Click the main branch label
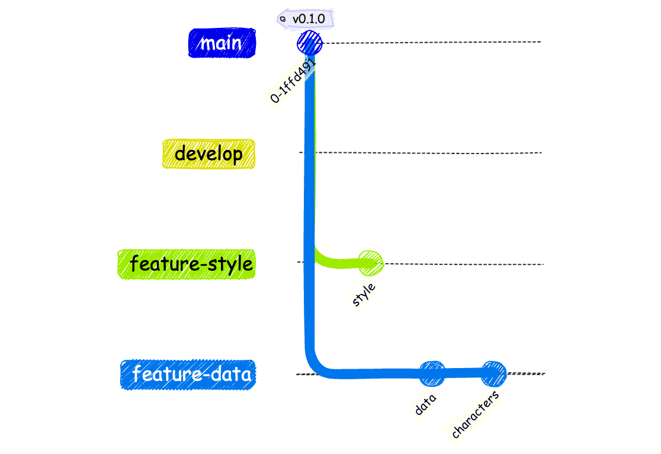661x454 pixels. coord(222,43)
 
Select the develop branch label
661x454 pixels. coord(208,154)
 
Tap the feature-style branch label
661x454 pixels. coord(187,264)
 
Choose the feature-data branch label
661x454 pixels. coord(188,375)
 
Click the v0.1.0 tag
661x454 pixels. coord(305,19)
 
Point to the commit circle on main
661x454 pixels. coord(310,43)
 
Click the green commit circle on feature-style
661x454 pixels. coord(371,263)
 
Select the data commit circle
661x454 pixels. coord(432,374)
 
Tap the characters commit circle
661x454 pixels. coord(493,374)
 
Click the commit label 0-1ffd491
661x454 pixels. coord(293,80)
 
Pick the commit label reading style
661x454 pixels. coord(364,295)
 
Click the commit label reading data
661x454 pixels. coord(425,405)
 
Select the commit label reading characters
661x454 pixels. coord(475,415)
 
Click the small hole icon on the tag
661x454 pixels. coord(283,19)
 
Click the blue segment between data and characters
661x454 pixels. coord(463,373)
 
